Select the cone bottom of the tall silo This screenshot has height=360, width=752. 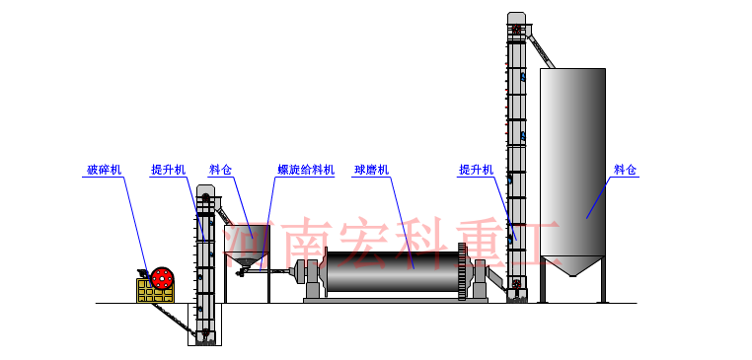click(572, 269)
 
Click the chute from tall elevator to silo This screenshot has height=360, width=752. click(539, 49)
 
